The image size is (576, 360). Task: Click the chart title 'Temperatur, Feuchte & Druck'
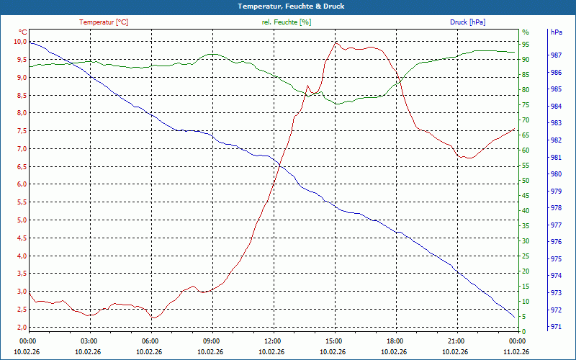tap(288, 6)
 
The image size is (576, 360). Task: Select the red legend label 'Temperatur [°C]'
tap(104, 22)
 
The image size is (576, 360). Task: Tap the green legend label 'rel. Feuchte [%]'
tap(287, 22)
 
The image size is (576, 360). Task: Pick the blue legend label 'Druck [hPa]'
tap(467, 22)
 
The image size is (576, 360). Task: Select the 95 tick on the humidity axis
tap(526, 44)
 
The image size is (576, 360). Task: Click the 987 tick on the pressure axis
tap(556, 55)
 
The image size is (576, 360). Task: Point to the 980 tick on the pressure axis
tap(556, 174)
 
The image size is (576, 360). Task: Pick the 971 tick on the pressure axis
tap(556, 327)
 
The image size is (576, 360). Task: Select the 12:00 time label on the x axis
tap(273, 341)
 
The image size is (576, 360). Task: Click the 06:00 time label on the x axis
tap(150, 341)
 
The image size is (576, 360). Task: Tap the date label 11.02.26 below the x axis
tap(516, 352)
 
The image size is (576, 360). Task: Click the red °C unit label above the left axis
tap(23, 32)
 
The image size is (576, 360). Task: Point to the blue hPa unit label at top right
tap(556, 32)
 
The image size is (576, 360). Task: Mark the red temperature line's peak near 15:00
tap(336, 42)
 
